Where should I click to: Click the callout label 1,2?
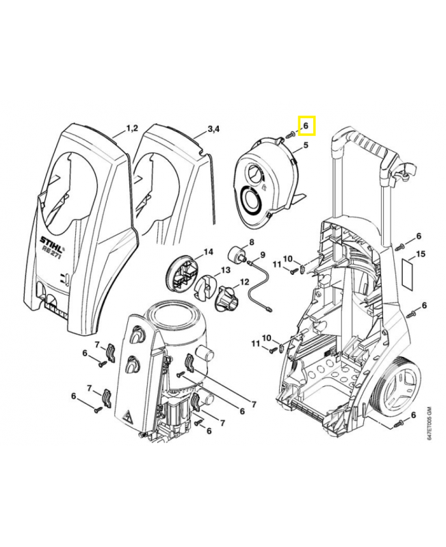click(132, 129)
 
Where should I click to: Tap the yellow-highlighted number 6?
click(306, 126)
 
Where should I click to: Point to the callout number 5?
click(305, 145)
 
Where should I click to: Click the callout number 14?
click(208, 252)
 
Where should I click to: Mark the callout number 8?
click(250, 243)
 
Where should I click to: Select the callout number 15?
click(421, 254)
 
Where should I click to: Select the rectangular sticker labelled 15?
click(408, 271)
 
